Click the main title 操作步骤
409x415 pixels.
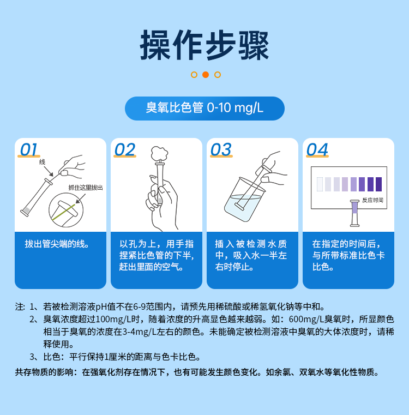pyautogui.click(x=204, y=45)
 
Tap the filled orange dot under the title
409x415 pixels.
pyautogui.click(x=206, y=75)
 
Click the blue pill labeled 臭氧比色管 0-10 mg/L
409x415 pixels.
pyautogui.click(x=204, y=108)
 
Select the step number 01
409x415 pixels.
pyautogui.click(x=29, y=149)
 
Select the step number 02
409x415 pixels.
pyautogui.click(x=124, y=149)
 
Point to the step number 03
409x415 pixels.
pyautogui.click(x=220, y=149)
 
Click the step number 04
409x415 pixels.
pyautogui.click(x=317, y=149)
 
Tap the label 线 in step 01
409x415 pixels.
pyautogui.click(x=42, y=163)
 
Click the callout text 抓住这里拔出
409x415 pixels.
pyautogui.click(x=85, y=188)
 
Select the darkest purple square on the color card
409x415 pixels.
pyautogui.click(x=378, y=184)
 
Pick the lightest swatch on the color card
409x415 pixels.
pyautogui.click(x=320, y=184)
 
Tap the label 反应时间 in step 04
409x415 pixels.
pyautogui.click(x=372, y=200)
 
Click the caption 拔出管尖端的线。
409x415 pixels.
pyautogui.click(x=57, y=244)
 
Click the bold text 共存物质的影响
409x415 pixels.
pyautogui.click(x=47, y=373)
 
